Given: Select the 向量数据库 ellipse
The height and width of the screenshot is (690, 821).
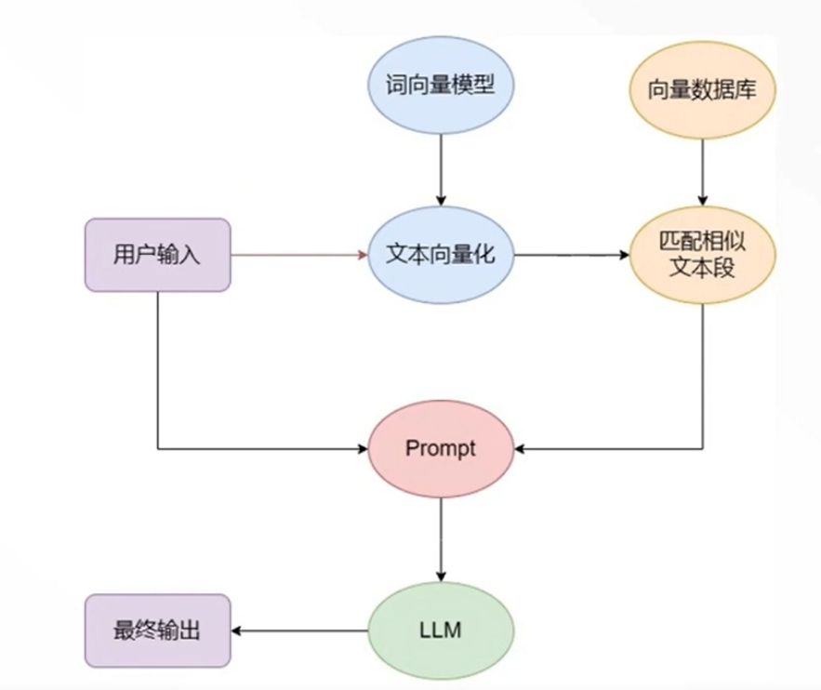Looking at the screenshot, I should [703, 89].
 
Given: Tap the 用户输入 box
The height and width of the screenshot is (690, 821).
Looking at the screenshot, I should [157, 254].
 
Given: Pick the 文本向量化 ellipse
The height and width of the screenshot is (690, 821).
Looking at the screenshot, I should [441, 254].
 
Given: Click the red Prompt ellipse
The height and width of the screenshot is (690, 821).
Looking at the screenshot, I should [441, 448].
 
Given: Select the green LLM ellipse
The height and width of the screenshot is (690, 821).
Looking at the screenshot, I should [441, 631].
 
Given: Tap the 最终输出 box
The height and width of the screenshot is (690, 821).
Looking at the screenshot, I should [157, 631].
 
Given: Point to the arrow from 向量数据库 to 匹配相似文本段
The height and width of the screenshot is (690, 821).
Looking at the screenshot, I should [703, 167].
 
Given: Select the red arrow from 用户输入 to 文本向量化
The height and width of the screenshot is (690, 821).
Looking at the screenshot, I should [298, 254].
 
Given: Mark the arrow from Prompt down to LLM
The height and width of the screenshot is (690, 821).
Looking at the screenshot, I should [441, 539].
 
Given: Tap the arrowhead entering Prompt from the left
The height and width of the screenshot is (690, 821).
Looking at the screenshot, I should [363, 448].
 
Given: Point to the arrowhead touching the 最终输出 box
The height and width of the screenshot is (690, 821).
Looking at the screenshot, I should [237, 631].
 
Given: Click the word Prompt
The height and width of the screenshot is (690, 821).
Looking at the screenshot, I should [441, 448].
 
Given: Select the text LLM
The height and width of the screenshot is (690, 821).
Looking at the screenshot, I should [441, 631].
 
